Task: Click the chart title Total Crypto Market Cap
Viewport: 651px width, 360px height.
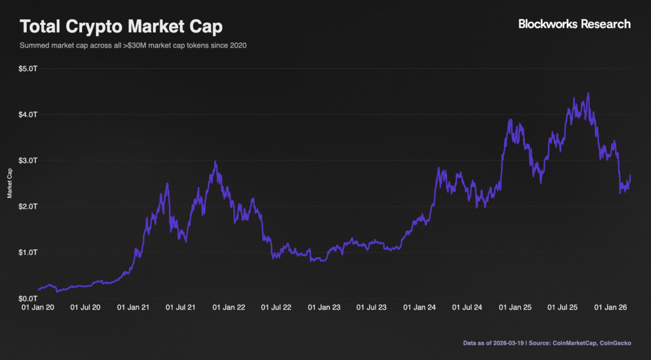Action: tap(121, 27)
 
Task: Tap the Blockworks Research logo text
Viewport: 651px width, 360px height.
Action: tap(575, 24)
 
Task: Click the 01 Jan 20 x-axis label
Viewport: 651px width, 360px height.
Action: tap(38, 308)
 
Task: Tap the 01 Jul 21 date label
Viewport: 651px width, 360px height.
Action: tap(182, 308)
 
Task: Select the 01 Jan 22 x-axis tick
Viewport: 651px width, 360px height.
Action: tap(229, 308)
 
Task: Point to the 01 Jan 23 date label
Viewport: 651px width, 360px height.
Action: tap(325, 308)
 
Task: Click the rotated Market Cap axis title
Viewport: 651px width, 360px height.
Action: tap(10, 183)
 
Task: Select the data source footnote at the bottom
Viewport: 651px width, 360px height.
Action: tap(548, 344)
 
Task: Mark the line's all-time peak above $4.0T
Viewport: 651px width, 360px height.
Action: tap(588, 93)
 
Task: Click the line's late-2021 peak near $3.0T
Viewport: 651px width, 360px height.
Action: tap(216, 162)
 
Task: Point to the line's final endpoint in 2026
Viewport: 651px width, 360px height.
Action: tap(630, 176)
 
